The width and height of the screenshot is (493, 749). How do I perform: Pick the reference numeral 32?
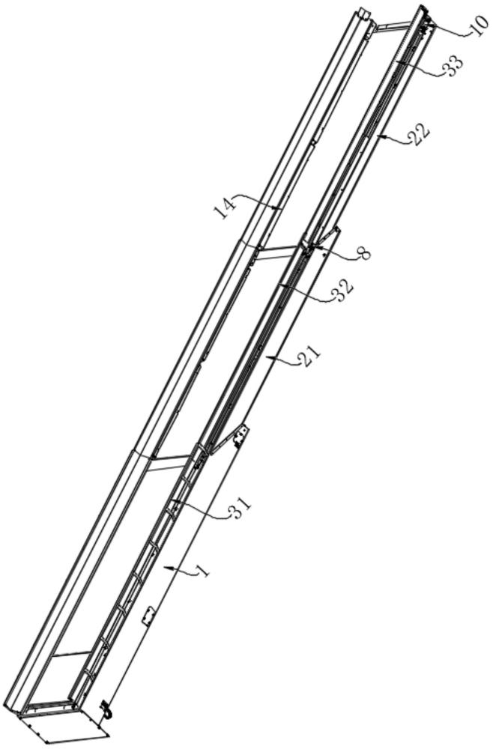343,289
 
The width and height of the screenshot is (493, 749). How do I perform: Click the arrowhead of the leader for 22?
379,137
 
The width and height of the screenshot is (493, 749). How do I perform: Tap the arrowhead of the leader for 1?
166,568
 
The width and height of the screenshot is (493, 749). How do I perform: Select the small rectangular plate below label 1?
148,616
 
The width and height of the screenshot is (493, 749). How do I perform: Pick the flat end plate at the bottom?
64,726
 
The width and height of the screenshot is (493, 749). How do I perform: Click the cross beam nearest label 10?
393,27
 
